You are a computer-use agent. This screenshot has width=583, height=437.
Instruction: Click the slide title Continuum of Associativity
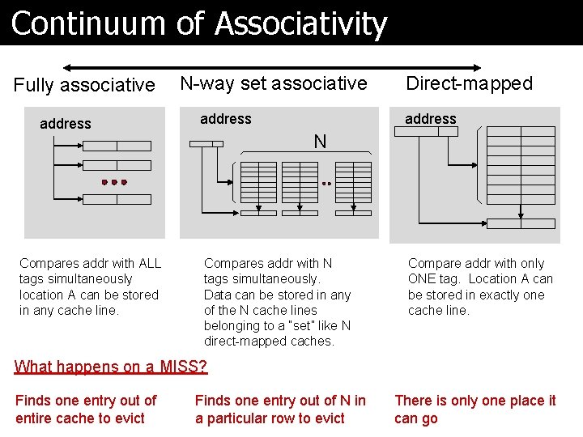pyautogui.click(x=199, y=23)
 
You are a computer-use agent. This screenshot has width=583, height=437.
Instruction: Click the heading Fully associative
pyautogui.click(x=84, y=85)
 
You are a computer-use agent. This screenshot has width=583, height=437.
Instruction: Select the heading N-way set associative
pyautogui.click(x=274, y=83)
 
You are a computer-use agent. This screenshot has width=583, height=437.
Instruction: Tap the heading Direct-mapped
pyautogui.click(x=469, y=83)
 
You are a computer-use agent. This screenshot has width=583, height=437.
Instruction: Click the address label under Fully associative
pyautogui.click(x=66, y=124)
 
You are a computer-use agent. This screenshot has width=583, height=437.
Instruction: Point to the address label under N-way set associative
pyautogui.click(x=225, y=119)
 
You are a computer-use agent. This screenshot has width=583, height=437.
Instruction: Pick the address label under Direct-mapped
pyautogui.click(x=431, y=119)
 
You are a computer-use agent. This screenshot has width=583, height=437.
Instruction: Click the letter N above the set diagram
pyautogui.click(x=320, y=142)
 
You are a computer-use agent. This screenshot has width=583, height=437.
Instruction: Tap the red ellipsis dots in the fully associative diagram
pyautogui.click(x=114, y=183)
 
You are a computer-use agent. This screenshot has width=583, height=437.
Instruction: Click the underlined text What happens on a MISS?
pyautogui.click(x=111, y=367)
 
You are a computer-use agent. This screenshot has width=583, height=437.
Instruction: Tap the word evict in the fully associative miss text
pyautogui.click(x=128, y=418)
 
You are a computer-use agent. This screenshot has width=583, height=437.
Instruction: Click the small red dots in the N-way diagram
pyautogui.click(x=326, y=184)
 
